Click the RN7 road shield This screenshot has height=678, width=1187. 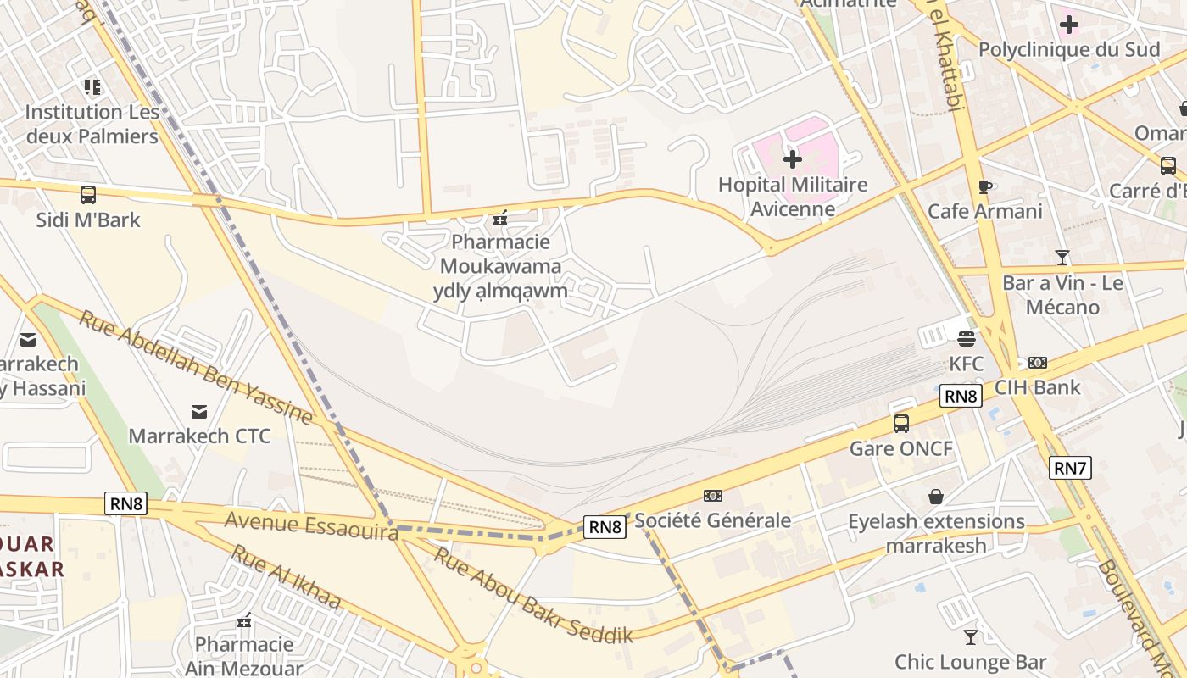(x=1070, y=468)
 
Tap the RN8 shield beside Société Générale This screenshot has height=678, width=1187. (x=605, y=527)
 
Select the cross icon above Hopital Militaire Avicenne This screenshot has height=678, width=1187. (x=792, y=159)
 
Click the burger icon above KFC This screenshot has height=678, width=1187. (x=966, y=340)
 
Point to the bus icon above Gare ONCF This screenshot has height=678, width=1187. (x=900, y=423)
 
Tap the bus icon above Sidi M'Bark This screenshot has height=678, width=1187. (x=88, y=195)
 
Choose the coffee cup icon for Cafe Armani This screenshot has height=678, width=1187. (x=984, y=186)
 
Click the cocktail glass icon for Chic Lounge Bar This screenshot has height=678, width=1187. (x=971, y=636)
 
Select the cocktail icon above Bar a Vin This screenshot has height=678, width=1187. (x=1062, y=258)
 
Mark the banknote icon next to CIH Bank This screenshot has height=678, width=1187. (x=1037, y=363)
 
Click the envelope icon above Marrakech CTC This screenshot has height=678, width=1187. (x=199, y=412)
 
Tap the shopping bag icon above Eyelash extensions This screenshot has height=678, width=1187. (x=936, y=497)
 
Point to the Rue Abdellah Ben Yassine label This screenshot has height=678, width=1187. (x=196, y=367)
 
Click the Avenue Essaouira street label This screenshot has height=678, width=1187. (x=311, y=525)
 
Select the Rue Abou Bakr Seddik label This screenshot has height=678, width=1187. (x=533, y=595)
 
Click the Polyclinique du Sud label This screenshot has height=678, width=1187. (x=1069, y=49)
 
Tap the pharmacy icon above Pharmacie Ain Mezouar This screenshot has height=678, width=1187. (x=244, y=621)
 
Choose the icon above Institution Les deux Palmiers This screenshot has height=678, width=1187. (x=92, y=86)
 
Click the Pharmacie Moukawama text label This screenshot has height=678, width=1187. (x=500, y=254)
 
